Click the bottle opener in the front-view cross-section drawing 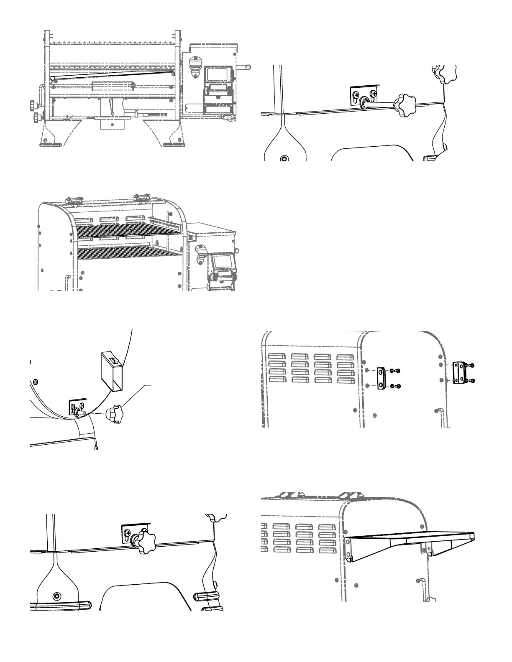(x=195, y=66)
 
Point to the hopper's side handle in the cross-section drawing (x=244, y=66)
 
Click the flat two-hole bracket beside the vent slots (x=381, y=378)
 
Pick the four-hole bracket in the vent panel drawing (x=459, y=372)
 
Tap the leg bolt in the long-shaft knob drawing (x=284, y=159)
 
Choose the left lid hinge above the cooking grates (x=74, y=201)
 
